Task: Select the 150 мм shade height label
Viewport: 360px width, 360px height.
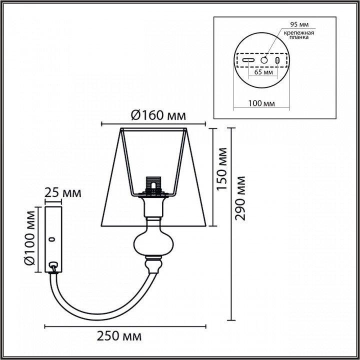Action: pyautogui.click(x=222, y=168)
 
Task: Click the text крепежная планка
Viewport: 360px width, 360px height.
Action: pyautogui.click(x=299, y=35)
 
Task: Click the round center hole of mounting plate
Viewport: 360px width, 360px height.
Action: pyautogui.click(x=263, y=60)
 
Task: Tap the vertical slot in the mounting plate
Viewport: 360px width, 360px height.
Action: pyautogui.click(x=276, y=60)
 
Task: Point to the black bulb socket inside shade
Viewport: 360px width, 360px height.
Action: pyautogui.click(x=154, y=185)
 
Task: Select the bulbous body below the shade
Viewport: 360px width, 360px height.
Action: pyautogui.click(x=153, y=244)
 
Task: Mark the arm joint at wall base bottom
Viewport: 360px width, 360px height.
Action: pyautogui.click(x=53, y=266)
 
